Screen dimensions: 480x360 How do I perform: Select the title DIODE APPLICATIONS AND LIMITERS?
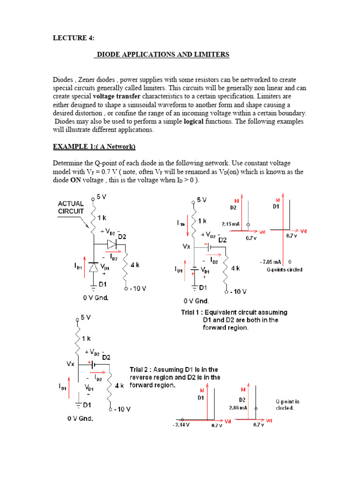pyautogui.click(x=162, y=55)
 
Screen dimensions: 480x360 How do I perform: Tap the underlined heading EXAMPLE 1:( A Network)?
pyautogui.click(x=94, y=147)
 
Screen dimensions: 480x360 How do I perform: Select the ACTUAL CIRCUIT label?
pyautogui.click(x=71, y=207)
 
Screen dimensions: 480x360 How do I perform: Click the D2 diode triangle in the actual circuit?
pyautogui.click(x=111, y=244)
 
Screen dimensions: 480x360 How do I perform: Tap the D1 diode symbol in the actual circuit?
pyautogui.click(x=94, y=267)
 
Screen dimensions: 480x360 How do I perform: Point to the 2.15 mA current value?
pyautogui.click(x=231, y=224)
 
